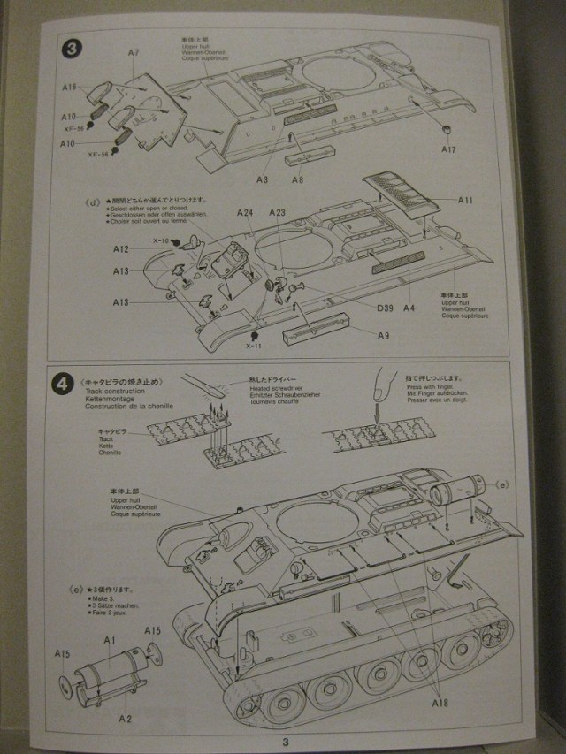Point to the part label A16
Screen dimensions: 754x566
71,87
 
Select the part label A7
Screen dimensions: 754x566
134,53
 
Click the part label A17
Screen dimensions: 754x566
449,149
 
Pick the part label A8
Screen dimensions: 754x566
298,179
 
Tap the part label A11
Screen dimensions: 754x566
465,201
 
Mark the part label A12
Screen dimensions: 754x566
121,250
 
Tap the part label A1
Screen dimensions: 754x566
111,639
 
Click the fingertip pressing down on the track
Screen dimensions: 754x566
381,388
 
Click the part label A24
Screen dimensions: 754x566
245,213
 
